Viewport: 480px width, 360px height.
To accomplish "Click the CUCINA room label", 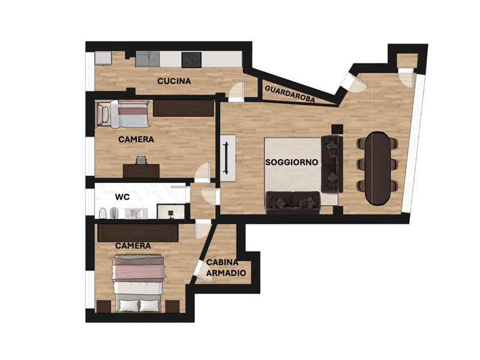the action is point(174,81).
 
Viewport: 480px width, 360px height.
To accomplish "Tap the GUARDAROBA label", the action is point(290,94).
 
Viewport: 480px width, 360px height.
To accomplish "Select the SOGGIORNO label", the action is point(292,162).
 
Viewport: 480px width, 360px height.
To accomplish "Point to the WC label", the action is point(122,197).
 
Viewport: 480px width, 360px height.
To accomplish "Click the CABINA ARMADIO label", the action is point(226,268).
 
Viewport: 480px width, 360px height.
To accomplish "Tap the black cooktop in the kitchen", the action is point(191,59).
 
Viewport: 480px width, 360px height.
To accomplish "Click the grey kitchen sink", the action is point(148,59).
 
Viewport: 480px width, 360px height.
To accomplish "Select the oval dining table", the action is point(378,168).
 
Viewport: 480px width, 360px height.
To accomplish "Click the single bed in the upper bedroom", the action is point(123,114).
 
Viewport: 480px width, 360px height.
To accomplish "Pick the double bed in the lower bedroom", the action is point(138,283).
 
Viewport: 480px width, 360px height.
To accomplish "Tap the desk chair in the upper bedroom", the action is point(141,160).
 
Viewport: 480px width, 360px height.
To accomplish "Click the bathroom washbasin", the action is point(136,213).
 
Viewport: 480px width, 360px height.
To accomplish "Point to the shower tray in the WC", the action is point(171,212).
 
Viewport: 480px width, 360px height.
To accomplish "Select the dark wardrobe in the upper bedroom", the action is point(184,108).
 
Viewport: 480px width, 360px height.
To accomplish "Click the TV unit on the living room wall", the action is point(228,158).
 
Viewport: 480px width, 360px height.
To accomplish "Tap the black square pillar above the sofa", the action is point(337,129).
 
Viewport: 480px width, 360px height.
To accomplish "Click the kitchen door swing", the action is point(236,92).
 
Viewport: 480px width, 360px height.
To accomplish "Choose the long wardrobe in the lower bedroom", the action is point(138,233).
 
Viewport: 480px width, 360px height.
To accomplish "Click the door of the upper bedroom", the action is point(202,172).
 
